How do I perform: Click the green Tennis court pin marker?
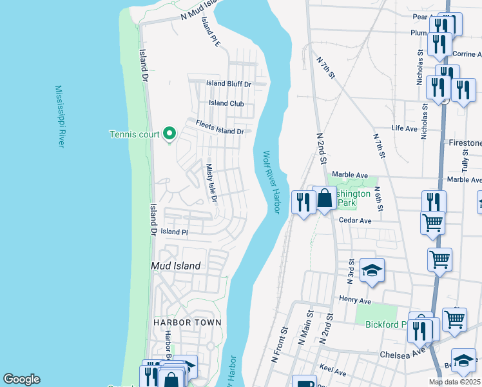coord(169,134)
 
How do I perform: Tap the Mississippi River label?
coord(60,116)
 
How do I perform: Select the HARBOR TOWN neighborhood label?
coord(187,322)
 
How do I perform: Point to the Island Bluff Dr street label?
coord(228,84)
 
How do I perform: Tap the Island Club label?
coord(226,103)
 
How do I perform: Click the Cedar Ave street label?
coord(356,221)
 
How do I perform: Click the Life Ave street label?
coord(405,128)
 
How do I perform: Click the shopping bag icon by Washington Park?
coord(324,199)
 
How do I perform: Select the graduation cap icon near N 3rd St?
coord(372,271)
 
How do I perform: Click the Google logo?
coord(21,379)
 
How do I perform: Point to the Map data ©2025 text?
coord(454,382)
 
